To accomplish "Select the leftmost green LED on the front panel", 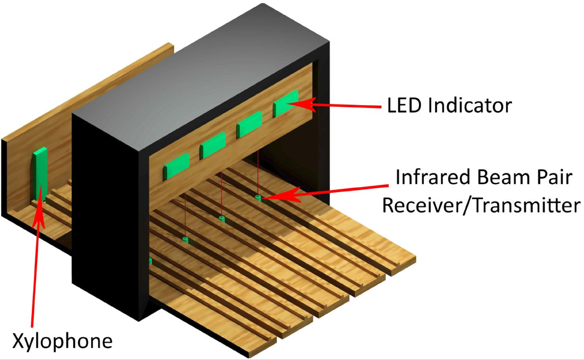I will (x=176, y=166).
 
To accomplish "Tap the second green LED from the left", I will (x=212, y=145).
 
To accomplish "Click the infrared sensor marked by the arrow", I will (x=257, y=197).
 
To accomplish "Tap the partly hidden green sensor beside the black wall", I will (x=149, y=262).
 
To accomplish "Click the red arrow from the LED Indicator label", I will (x=336, y=106).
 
